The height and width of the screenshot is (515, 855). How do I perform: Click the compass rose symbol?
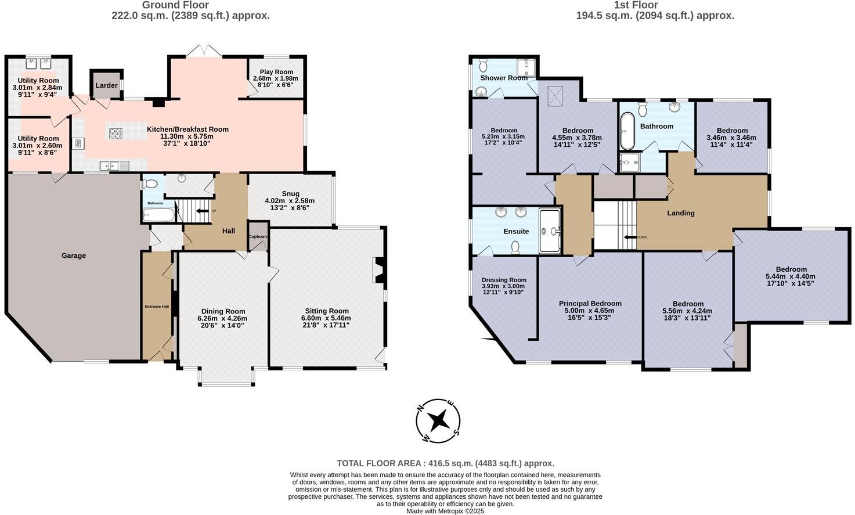[439, 420]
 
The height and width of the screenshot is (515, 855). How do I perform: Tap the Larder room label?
[106, 85]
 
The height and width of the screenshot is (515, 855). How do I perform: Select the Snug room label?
[290, 194]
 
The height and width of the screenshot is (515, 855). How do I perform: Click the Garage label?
[74, 255]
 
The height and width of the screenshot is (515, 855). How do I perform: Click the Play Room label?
[276, 72]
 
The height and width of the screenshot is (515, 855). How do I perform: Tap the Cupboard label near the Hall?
[258, 237]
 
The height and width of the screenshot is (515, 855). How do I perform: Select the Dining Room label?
[223, 311]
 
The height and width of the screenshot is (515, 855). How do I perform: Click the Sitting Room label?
[325, 311]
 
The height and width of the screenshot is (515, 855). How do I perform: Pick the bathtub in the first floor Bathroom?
[627, 132]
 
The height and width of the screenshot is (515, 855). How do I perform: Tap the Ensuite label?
[516, 231]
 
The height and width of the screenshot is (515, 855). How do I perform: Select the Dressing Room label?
[503, 280]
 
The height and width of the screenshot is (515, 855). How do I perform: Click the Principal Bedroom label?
[590, 303]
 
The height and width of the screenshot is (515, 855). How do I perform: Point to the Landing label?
[680, 213]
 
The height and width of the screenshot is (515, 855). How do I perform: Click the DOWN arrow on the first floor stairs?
[630, 237]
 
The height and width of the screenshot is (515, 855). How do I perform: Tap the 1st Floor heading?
[654, 5]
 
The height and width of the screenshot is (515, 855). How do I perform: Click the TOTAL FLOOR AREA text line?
[445, 463]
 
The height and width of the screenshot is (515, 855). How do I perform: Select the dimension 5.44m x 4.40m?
[791, 276]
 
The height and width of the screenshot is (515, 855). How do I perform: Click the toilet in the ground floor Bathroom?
[151, 184]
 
